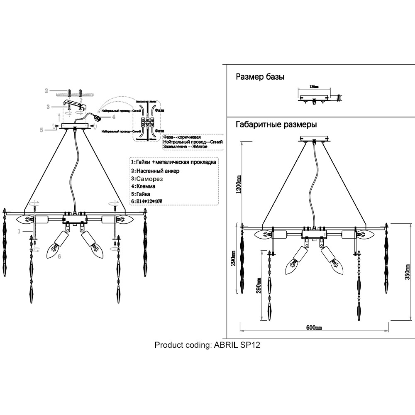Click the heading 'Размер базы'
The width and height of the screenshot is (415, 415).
tap(260, 77)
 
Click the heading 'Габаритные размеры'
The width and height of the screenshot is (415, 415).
tap(276, 124)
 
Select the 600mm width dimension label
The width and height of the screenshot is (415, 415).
tap(314, 327)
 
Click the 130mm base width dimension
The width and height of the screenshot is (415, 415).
tap(314, 88)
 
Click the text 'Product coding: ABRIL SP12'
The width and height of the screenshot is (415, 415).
tap(207, 345)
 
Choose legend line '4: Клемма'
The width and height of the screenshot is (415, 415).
tap(143, 186)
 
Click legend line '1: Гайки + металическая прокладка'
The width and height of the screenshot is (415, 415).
tap(173, 162)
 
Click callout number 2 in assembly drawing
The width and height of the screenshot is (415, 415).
tap(47, 90)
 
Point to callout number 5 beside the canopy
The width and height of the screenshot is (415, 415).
tap(41, 130)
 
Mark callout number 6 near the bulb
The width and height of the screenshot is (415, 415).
tap(59, 257)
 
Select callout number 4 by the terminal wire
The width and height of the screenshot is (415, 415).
tap(113, 117)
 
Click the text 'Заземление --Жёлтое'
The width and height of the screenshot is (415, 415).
tap(186, 147)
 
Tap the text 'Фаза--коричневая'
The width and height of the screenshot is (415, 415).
tap(182, 137)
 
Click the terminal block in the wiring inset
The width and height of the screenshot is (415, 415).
tap(148, 123)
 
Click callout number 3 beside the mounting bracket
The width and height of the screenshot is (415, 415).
tap(48, 107)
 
